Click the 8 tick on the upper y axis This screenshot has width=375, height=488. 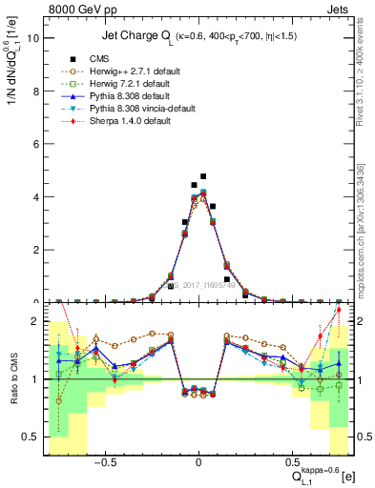click(36, 91)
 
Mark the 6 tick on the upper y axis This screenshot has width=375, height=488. click(36, 145)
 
